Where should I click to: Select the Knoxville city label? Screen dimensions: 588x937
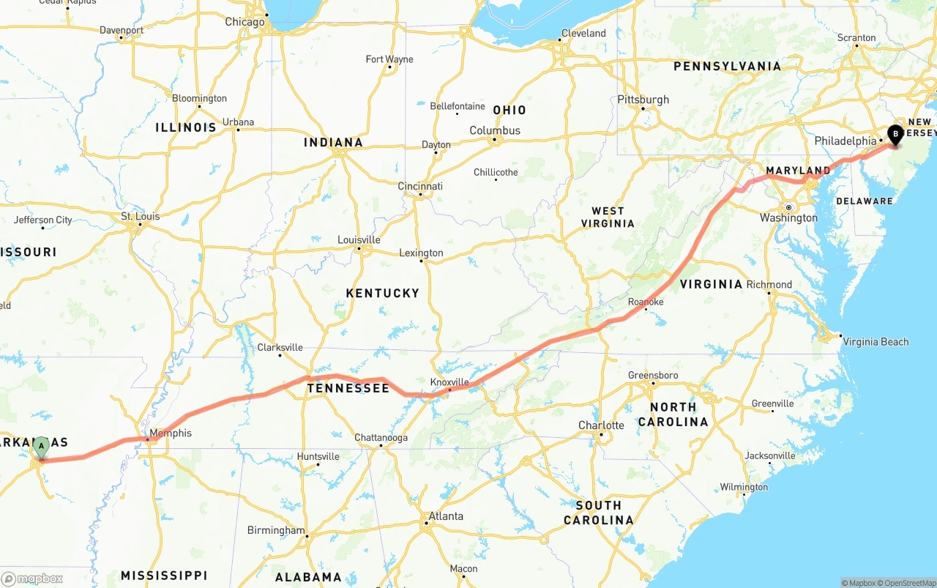click(x=449, y=382)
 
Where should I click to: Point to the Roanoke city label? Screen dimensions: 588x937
click(x=646, y=302)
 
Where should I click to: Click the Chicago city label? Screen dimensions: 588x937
click(x=244, y=22)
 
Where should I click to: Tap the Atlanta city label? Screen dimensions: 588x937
click(x=445, y=516)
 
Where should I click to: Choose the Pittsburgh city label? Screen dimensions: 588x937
click(x=643, y=100)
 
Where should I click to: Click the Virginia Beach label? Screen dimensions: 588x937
click(x=876, y=342)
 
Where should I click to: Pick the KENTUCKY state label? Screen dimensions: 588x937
click(x=382, y=293)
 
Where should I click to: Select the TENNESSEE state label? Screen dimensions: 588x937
click(x=348, y=388)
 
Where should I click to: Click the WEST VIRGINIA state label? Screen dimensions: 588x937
click(x=608, y=217)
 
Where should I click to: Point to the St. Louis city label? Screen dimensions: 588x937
click(x=140, y=217)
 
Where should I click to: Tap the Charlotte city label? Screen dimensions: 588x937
click(x=601, y=425)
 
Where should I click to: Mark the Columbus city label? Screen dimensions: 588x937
click(x=495, y=130)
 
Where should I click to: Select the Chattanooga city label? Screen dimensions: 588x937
click(x=381, y=438)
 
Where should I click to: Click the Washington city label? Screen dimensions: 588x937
click(x=788, y=217)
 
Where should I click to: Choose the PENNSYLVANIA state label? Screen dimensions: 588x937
click(x=727, y=66)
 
